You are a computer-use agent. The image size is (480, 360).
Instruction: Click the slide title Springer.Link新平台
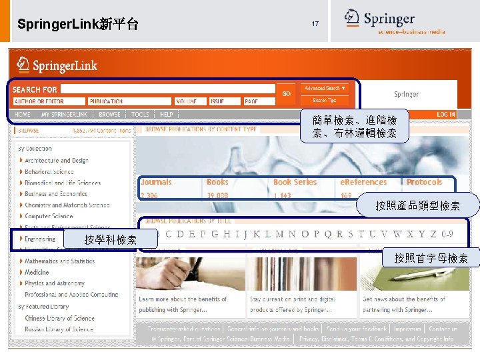click(78, 25)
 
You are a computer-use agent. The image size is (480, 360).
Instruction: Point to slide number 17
click(315, 24)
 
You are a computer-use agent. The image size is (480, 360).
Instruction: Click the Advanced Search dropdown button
click(325, 88)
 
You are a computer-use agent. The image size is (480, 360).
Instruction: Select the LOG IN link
click(445, 115)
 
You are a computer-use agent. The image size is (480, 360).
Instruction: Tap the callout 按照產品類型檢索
click(427, 206)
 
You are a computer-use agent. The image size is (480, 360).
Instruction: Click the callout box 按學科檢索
click(111, 239)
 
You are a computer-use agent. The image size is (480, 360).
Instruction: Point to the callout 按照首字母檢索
click(431, 258)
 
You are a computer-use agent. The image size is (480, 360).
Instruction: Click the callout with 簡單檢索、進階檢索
click(354, 127)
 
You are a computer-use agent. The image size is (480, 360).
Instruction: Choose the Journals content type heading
click(156, 182)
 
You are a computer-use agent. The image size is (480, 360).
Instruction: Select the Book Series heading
click(295, 182)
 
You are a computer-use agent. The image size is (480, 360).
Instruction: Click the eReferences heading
click(363, 182)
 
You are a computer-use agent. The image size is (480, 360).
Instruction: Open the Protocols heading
click(424, 182)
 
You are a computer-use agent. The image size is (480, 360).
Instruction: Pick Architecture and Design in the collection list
click(56, 161)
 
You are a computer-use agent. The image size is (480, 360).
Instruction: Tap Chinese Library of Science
click(59, 318)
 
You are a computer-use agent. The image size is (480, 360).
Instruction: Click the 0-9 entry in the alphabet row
click(447, 234)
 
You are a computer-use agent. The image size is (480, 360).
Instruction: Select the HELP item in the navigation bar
click(166, 115)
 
